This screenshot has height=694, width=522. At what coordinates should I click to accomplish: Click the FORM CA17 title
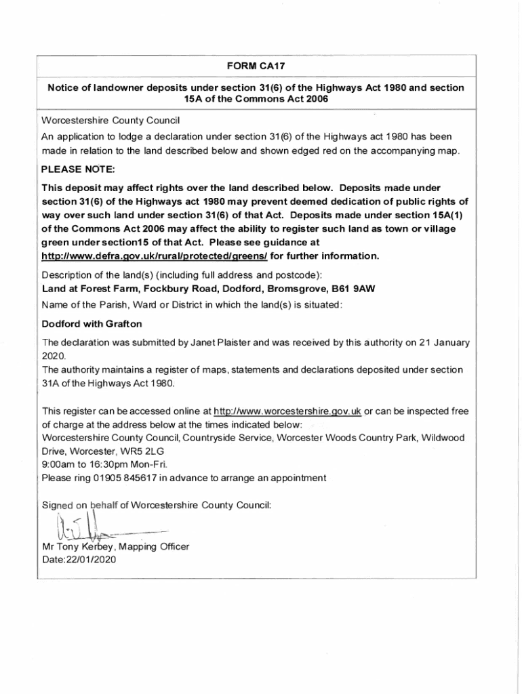(x=256, y=66)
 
